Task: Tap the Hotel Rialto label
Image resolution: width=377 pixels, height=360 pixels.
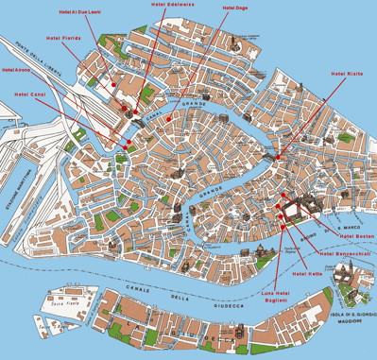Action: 346,73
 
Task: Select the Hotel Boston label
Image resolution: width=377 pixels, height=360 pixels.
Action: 356,234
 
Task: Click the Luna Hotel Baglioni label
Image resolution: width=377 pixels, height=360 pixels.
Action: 274,297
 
